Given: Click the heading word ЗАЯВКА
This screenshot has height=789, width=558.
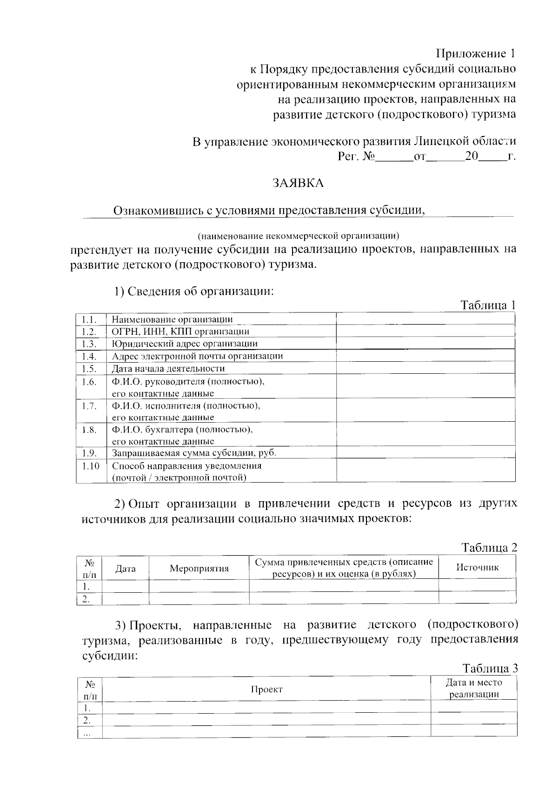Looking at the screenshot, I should point(298,183).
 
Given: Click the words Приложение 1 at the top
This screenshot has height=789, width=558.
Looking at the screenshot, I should point(476,53).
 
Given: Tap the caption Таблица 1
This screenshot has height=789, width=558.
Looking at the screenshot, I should point(488,305).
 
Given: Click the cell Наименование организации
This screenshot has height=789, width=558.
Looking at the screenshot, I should point(172,319).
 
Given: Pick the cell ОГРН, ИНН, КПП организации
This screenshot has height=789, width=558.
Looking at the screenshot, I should point(180,332).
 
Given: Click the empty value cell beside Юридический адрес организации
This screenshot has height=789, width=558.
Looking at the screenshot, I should point(425,344).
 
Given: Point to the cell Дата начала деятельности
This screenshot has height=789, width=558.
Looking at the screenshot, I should point(168,369).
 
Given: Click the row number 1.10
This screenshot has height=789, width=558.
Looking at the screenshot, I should point(91,466).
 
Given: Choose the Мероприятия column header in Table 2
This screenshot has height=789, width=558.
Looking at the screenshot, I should point(199,568).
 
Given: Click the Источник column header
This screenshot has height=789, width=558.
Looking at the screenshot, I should point(477,567).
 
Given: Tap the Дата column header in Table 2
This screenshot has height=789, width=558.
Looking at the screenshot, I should point(126,568).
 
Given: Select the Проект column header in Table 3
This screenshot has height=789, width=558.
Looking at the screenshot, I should point(266,689).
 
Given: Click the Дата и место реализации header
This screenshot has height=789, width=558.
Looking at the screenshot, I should point(474,689).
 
